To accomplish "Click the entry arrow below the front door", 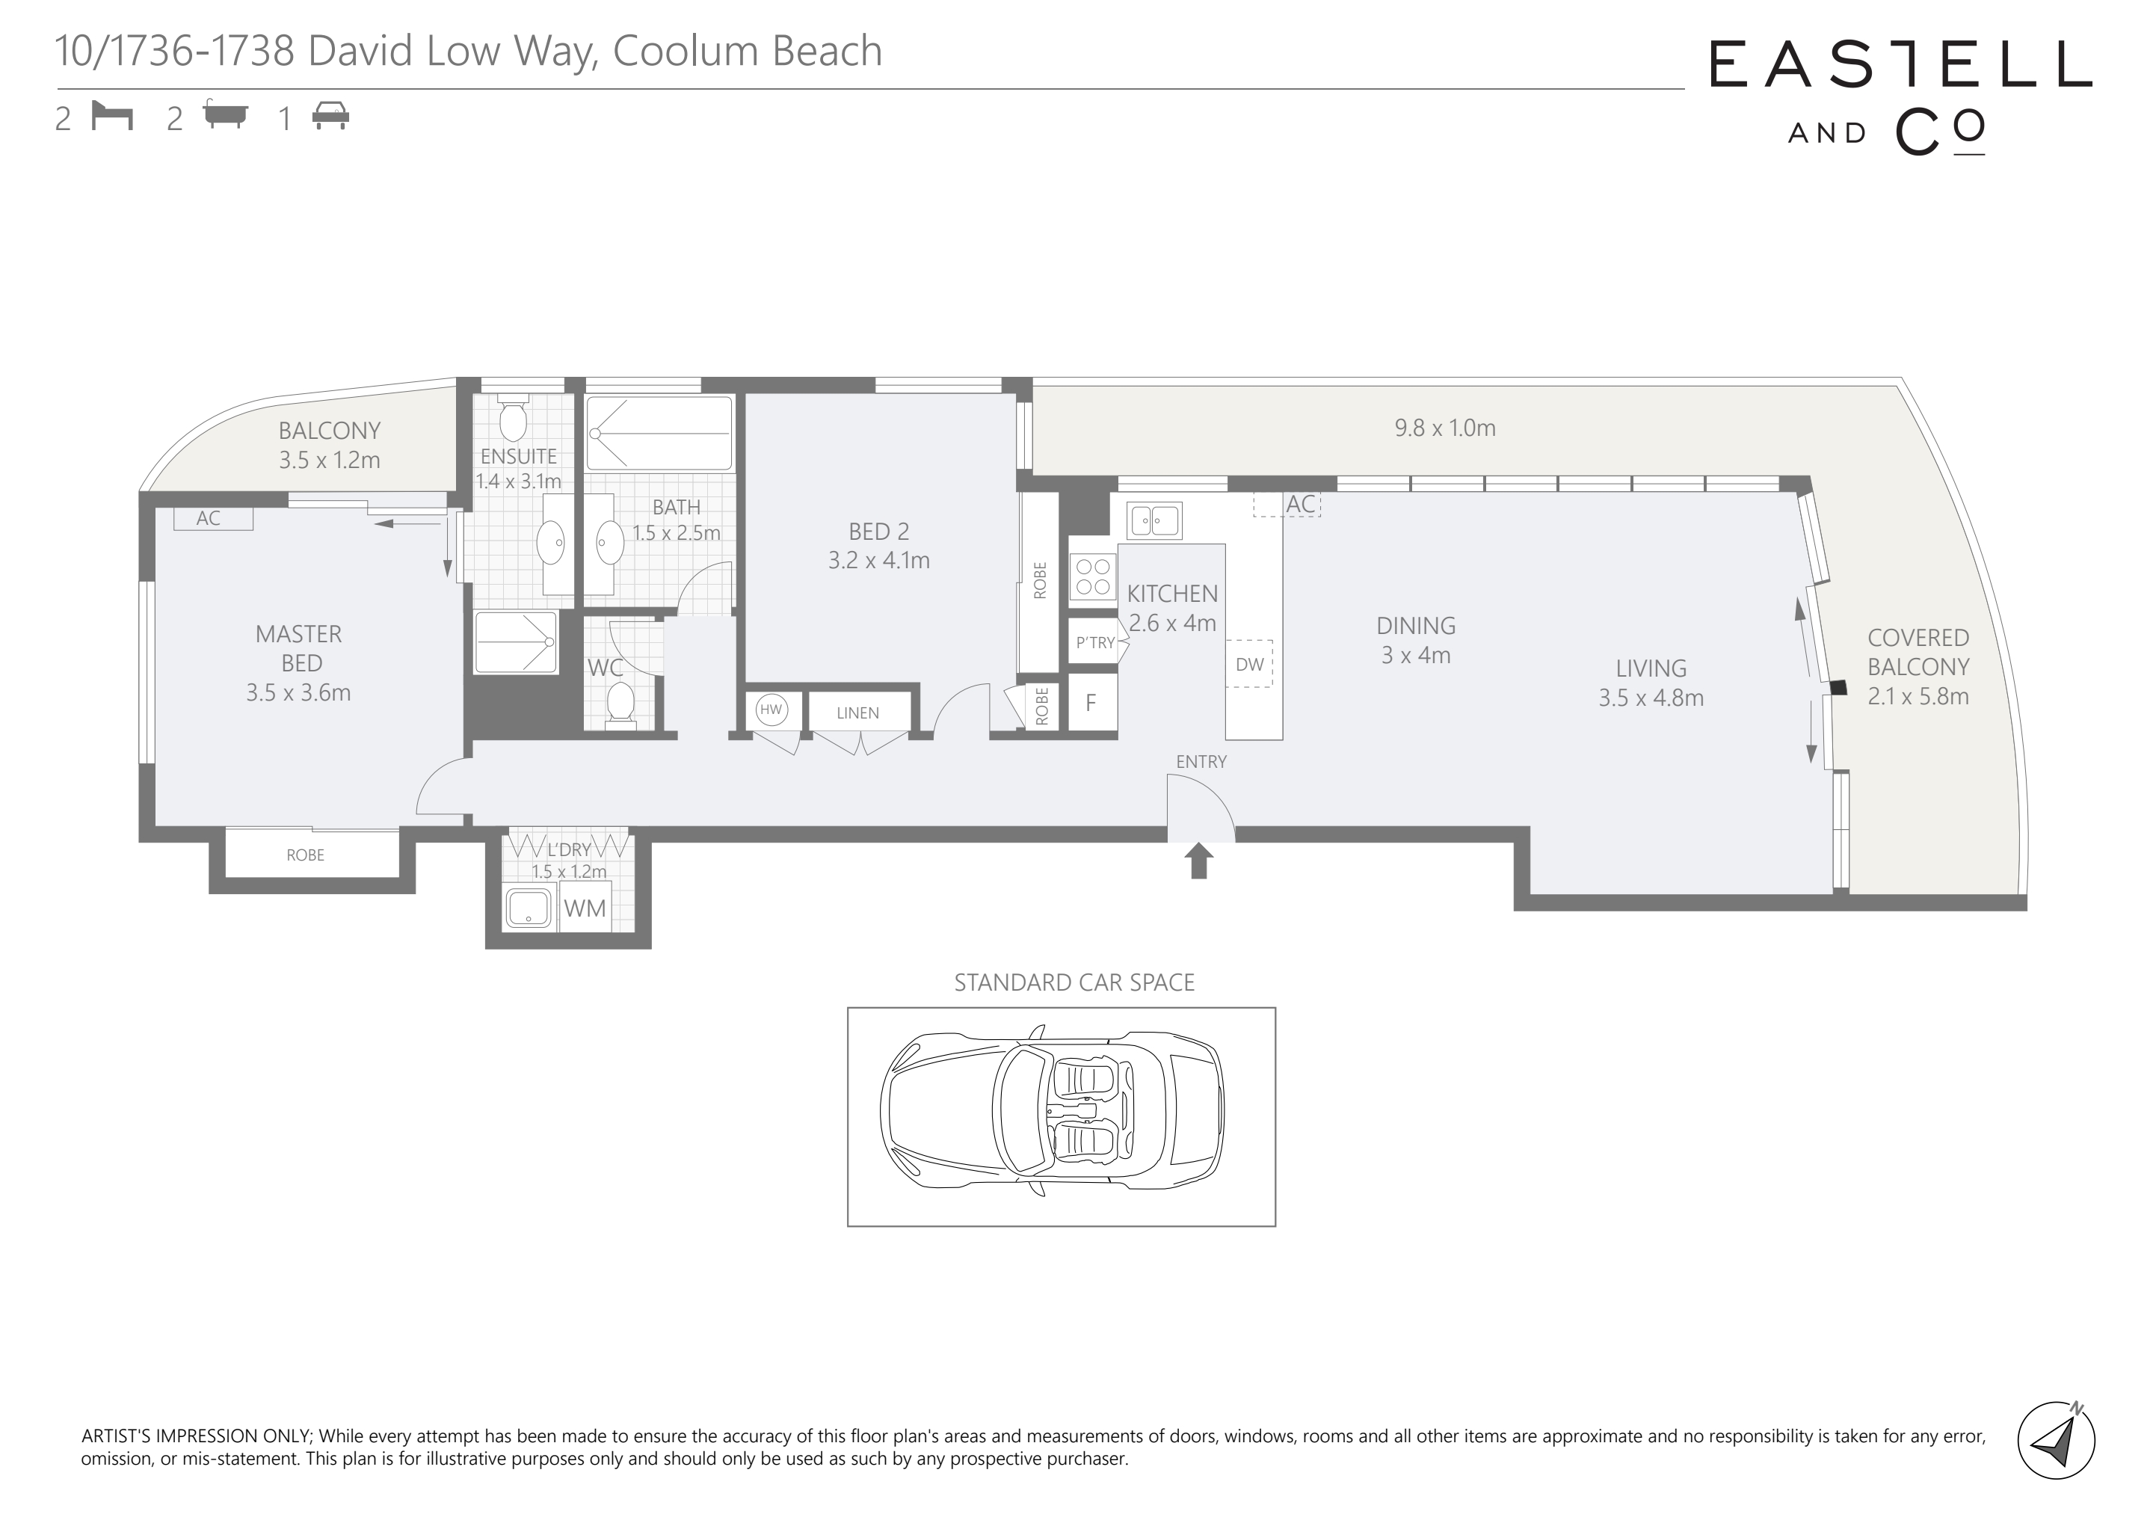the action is point(1198,861).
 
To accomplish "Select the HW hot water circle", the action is point(771,710).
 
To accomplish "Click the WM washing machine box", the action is point(585,908).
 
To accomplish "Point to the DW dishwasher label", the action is point(1250,664).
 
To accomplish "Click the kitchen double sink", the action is point(1154,520).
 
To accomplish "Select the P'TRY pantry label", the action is point(1095,642).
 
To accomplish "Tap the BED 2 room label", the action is point(878,532).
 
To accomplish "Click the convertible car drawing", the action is point(1052,1110).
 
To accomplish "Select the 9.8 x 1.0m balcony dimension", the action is point(1445,428).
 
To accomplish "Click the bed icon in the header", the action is point(113,117).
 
